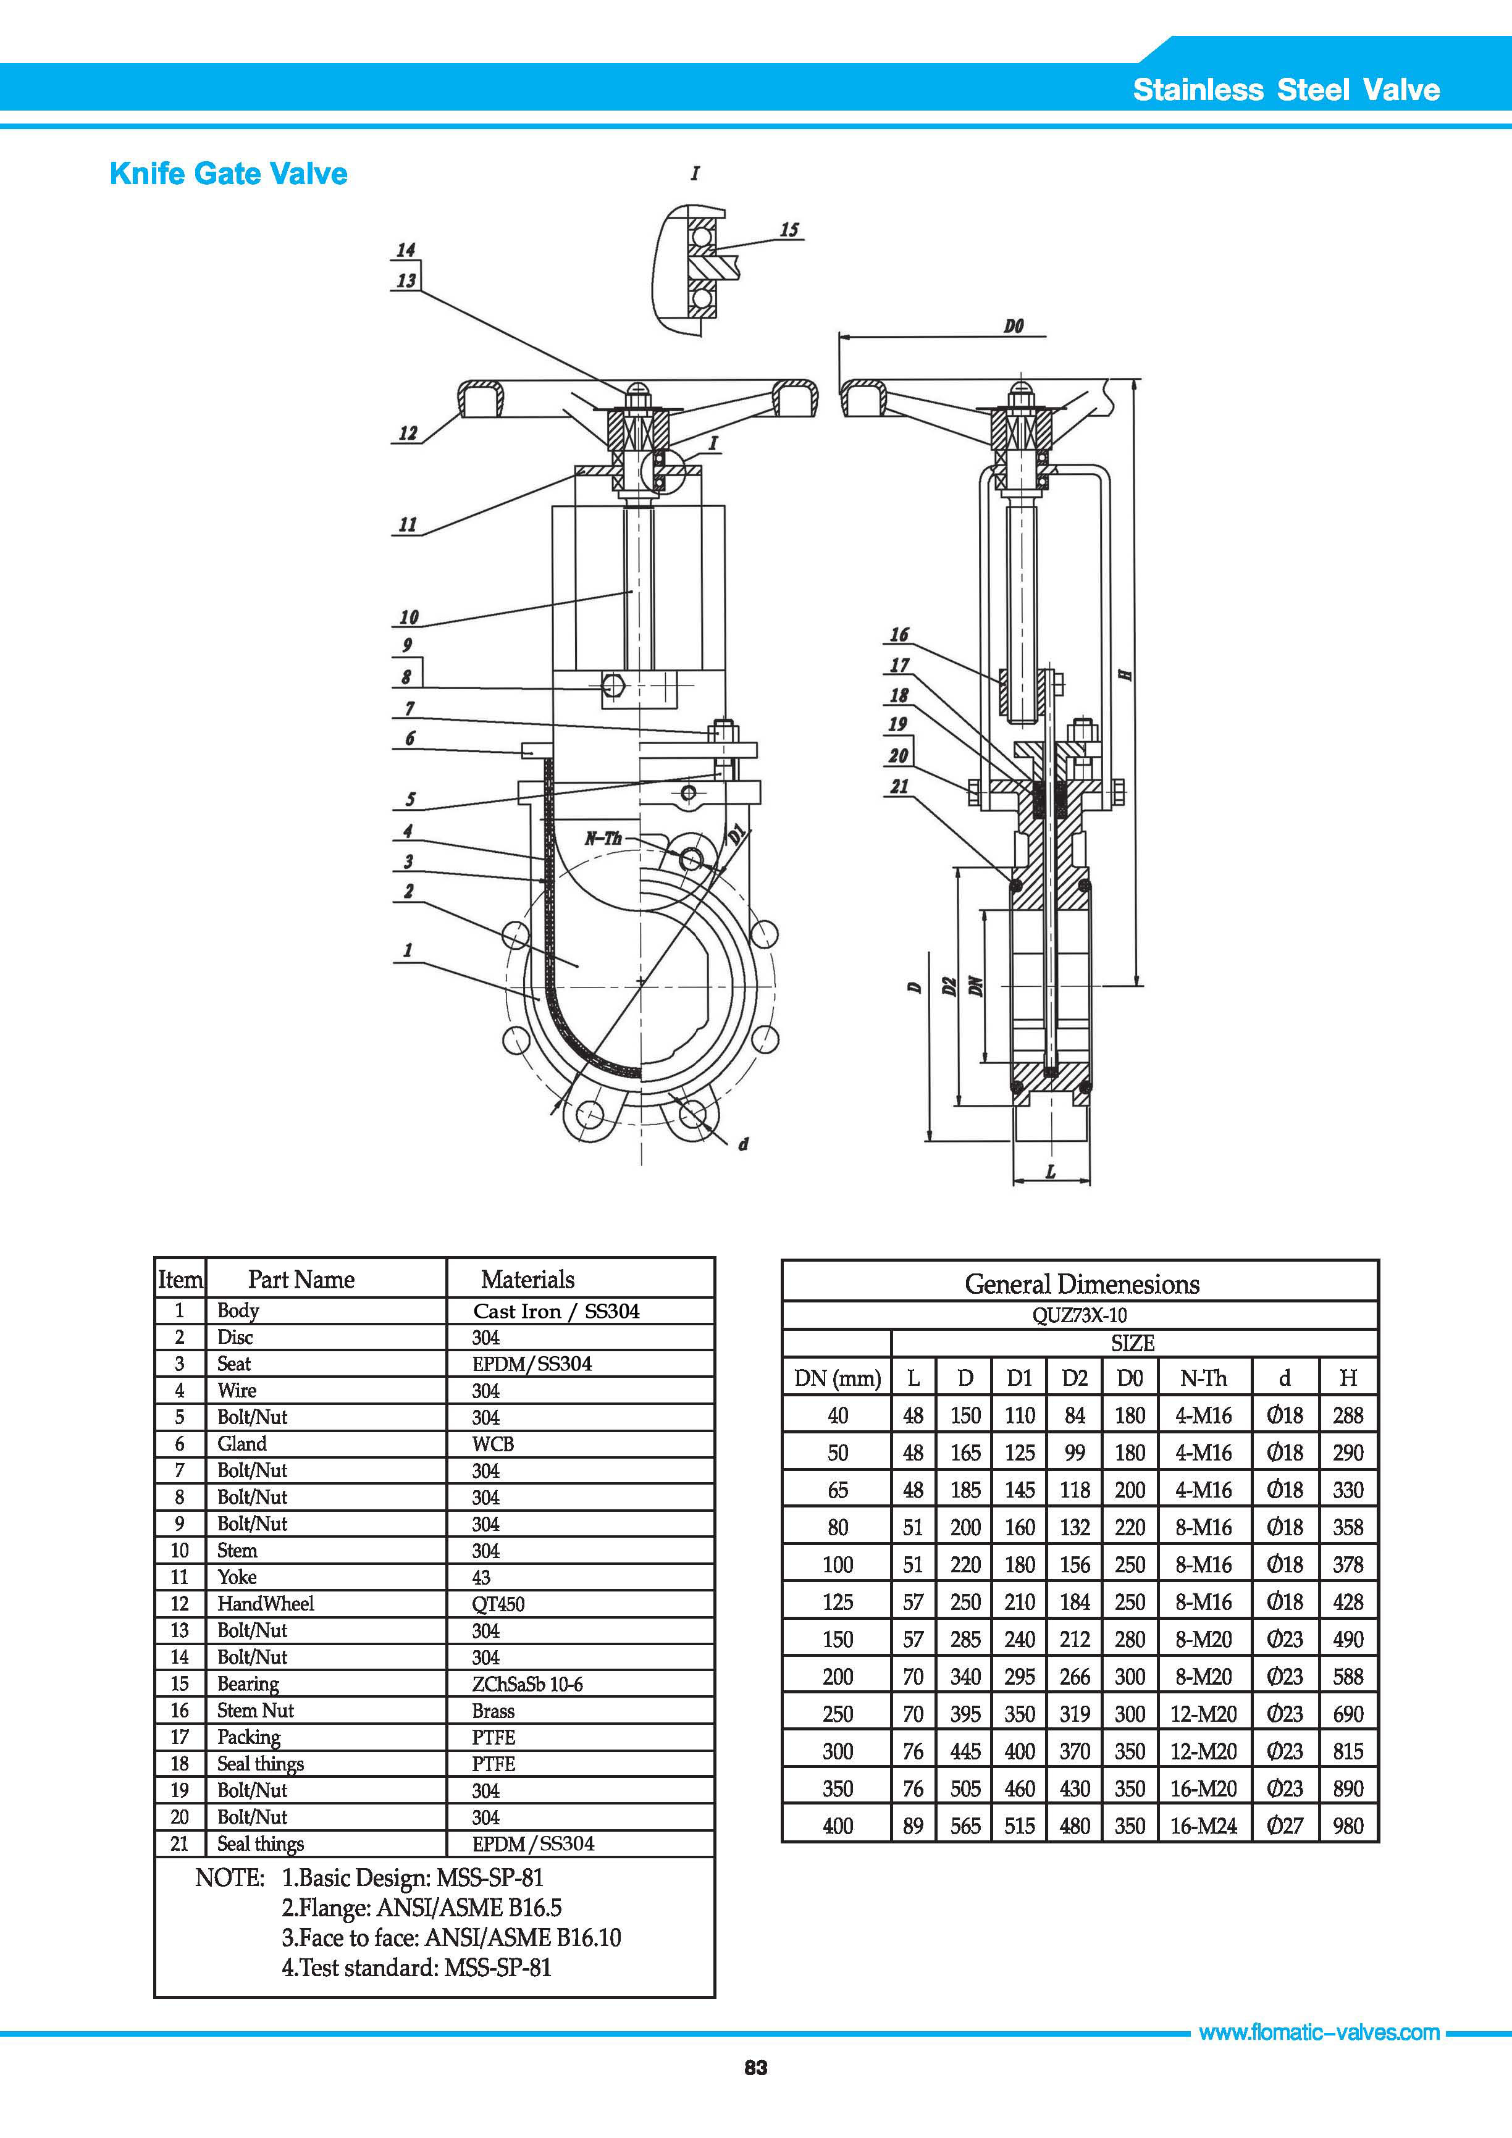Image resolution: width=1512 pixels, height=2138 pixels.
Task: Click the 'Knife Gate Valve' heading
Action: coord(228,174)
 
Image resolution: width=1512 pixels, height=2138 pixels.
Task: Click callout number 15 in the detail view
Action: coord(789,229)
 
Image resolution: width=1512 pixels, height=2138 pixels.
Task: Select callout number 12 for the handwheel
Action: coord(408,433)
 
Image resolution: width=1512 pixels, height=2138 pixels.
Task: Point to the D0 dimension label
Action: coord(1014,326)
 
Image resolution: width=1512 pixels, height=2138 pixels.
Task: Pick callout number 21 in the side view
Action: coord(899,786)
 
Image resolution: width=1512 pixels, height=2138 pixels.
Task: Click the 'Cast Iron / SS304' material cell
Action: coord(556,1311)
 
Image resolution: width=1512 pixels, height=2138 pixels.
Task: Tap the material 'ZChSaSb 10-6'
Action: coord(527,1683)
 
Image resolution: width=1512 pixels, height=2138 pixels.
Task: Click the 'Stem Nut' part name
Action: coord(255,1711)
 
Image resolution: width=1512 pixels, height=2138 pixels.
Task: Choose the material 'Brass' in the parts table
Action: coord(493,1711)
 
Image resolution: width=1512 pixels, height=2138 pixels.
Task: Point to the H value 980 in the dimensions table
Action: coord(1347,1826)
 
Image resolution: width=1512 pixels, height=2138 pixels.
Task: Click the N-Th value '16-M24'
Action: coord(1203,1826)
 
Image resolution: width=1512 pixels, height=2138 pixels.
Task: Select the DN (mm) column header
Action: coord(837,1378)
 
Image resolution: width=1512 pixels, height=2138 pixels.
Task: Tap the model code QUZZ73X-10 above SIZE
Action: coord(1079,1315)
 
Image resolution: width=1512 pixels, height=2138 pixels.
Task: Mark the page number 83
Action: coord(755,2094)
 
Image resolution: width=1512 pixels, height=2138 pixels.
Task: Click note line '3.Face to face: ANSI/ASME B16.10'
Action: coord(451,1938)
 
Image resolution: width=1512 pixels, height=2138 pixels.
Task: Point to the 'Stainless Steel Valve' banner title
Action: coord(1286,90)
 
